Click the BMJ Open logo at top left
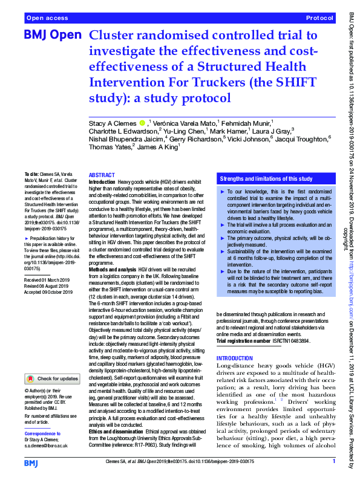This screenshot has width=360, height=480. tap(52, 36)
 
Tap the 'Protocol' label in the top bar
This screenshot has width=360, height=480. tap(320, 19)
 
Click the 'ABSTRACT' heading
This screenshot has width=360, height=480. tap(101, 175)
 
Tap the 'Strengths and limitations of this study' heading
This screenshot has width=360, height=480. tap(266, 179)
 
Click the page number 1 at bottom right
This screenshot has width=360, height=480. tap(333, 462)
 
